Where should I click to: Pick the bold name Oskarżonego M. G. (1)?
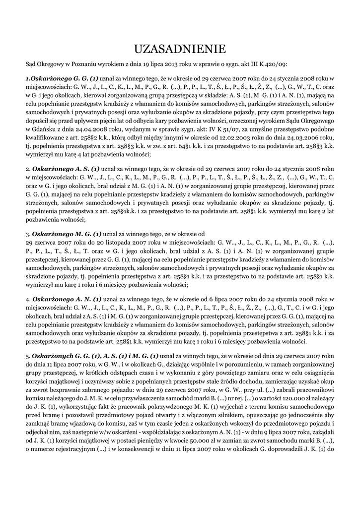point(67,233)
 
